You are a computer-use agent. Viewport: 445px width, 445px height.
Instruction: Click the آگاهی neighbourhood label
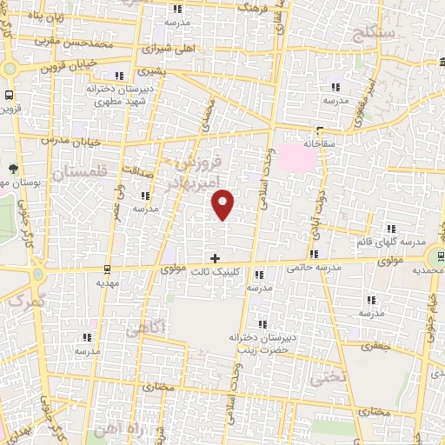coord(143,329)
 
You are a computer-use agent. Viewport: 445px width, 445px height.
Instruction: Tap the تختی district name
coord(332,376)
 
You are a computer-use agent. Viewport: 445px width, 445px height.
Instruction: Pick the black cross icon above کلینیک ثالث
coord(216,258)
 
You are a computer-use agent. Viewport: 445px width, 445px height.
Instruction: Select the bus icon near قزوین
coord(9,96)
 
